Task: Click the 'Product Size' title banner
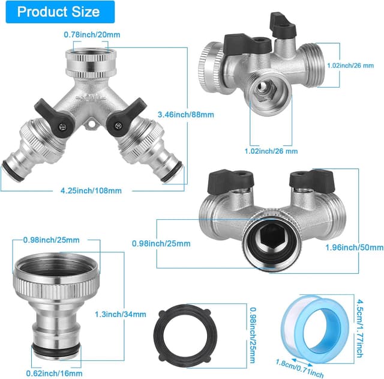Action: [x=59, y=12]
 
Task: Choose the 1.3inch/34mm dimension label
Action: [x=121, y=314]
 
